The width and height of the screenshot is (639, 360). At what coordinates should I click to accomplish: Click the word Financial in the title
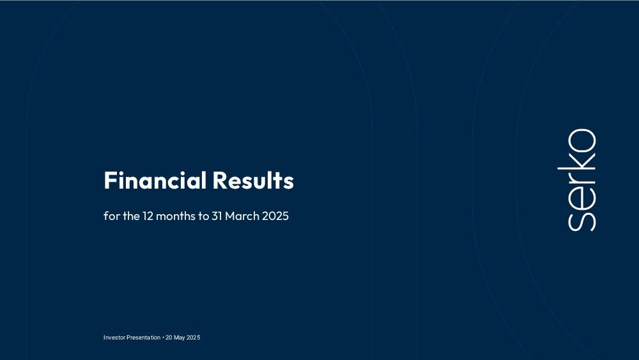pos(155,180)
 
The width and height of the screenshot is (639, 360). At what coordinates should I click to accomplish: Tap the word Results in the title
pos(253,180)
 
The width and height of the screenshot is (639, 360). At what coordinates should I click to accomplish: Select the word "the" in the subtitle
pos(131,215)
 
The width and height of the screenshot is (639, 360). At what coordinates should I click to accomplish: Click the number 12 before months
pos(148,215)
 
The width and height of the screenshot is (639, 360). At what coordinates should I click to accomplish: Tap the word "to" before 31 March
pos(203,216)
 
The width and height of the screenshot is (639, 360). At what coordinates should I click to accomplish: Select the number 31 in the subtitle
pos(217,215)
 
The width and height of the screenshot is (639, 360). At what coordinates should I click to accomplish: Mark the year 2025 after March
pos(275,215)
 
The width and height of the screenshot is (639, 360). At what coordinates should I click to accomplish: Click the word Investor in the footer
pos(114,338)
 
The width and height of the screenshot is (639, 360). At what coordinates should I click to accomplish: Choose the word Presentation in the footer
pos(143,338)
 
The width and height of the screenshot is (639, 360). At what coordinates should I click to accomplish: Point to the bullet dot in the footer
pos(163,338)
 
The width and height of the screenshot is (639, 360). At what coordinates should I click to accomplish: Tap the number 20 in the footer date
pos(169,338)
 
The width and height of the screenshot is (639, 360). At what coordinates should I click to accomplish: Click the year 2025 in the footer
pos(194,338)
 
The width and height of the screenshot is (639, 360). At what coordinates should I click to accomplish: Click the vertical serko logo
pos(576,180)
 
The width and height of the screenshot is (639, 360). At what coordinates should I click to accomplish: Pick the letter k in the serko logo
pos(576,161)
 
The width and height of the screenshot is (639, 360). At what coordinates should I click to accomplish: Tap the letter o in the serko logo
pos(582,141)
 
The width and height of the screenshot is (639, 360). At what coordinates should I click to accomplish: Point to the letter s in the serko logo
pos(582,222)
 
